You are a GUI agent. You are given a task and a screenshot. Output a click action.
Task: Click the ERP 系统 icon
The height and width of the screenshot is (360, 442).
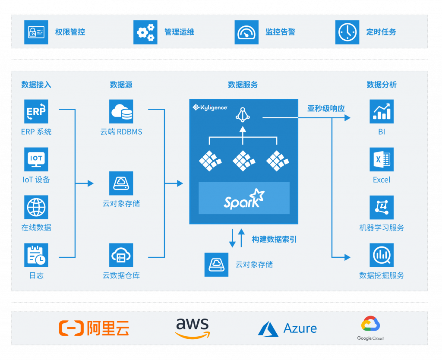[36, 112]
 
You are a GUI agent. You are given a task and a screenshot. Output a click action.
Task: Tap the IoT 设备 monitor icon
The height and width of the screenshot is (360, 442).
[36, 159]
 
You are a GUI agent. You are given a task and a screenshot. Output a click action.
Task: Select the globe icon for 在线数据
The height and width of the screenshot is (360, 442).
[36, 207]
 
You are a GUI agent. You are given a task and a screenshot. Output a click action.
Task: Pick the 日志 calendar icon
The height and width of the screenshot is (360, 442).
[36, 255]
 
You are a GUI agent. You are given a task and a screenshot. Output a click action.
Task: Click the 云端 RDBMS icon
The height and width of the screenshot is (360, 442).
[121, 112]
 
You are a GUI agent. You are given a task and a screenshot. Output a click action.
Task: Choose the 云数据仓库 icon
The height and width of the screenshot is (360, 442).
[121, 255]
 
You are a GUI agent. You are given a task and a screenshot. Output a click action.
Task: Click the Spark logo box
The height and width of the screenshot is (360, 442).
[244, 198]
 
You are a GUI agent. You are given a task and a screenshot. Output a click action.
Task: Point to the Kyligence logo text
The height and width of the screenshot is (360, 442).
[210, 107]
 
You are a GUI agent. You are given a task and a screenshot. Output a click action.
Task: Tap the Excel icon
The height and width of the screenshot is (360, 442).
[382, 159]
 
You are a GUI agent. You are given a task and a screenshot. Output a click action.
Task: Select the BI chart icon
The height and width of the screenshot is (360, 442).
[382, 112]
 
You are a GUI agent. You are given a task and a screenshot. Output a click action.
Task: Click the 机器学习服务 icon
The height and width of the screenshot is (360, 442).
[382, 207]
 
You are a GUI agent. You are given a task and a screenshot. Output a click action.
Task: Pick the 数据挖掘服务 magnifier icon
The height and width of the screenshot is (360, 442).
[382, 255]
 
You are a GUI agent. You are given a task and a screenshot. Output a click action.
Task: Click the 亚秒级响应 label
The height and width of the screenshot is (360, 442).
[326, 108]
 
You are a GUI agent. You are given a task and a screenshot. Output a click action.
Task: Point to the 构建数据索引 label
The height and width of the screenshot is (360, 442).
[274, 239]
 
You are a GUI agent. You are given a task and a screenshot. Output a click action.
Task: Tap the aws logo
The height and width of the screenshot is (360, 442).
[192, 328]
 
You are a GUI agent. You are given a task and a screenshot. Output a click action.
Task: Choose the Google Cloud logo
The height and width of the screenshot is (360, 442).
[370, 328]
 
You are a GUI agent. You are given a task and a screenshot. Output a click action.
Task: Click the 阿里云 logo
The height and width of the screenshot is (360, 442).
[94, 328]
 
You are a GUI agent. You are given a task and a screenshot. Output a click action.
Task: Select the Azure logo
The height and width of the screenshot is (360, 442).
[287, 328]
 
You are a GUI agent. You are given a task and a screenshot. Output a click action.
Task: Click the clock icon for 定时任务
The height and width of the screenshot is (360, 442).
[347, 32]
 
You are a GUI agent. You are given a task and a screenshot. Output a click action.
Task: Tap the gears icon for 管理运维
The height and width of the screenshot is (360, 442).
[145, 32]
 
